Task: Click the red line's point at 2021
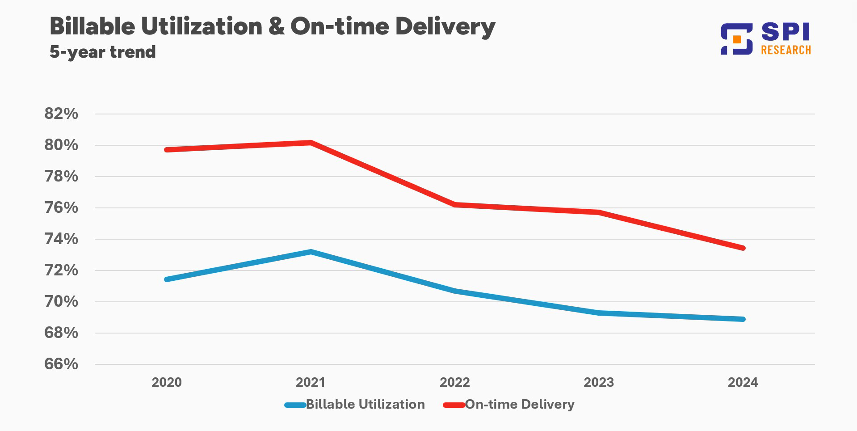pyautogui.click(x=311, y=143)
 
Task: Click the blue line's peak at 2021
pyautogui.click(x=311, y=252)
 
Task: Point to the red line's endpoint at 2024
pyautogui.click(x=743, y=248)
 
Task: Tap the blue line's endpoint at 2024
pyautogui.click(x=743, y=319)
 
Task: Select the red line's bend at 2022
pyautogui.click(x=455, y=204)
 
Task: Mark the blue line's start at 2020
pyautogui.click(x=167, y=279)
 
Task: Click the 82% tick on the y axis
pyautogui.click(x=61, y=114)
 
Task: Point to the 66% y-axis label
pyautogui.click(x=61, y=364)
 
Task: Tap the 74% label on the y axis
pyautogui.click(x=61, y=239)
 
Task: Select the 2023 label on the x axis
pyautogui.click(x=599, y=382)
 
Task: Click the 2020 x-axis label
pyautogui.click(x=167, y=382)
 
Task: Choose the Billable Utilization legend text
pyautogui.click(x=365, y=404)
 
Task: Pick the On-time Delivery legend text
pyautogui.click(x=520, y=404)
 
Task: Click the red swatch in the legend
pyautogui.click(x=454, y=405)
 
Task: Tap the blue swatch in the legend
pyautogui.click(x=295, y=405)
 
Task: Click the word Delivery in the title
pyautogui.click(x=445, y=26)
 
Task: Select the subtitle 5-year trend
pyautogui.click(x=102, y=52)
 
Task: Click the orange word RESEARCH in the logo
pyautogui.click(x=786, y=50)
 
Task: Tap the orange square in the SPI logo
pyautogui.click(x=737, y=39)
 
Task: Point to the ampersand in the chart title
pyautogui.click(x=276, y=26)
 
